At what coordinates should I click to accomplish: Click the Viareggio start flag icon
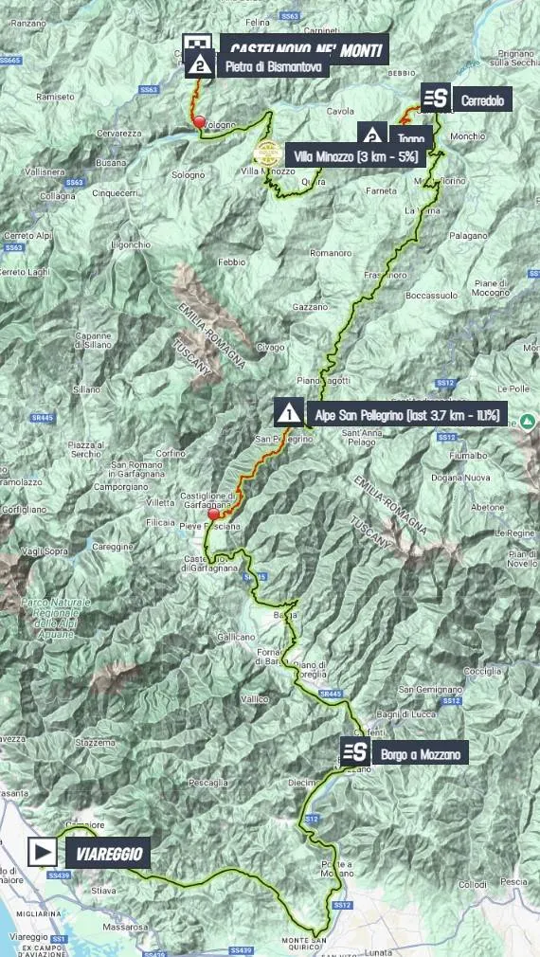pyautogui.click(x=43, y=852)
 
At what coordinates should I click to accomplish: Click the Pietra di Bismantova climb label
pyautogui.click(x=273, y=67)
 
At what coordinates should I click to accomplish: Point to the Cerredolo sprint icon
pyautogui.click(x=435, y=99)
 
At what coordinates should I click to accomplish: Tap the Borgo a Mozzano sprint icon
pyautogui.click(x=356, y=754)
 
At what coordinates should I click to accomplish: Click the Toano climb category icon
pyautogui.click(x=372, y=135)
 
